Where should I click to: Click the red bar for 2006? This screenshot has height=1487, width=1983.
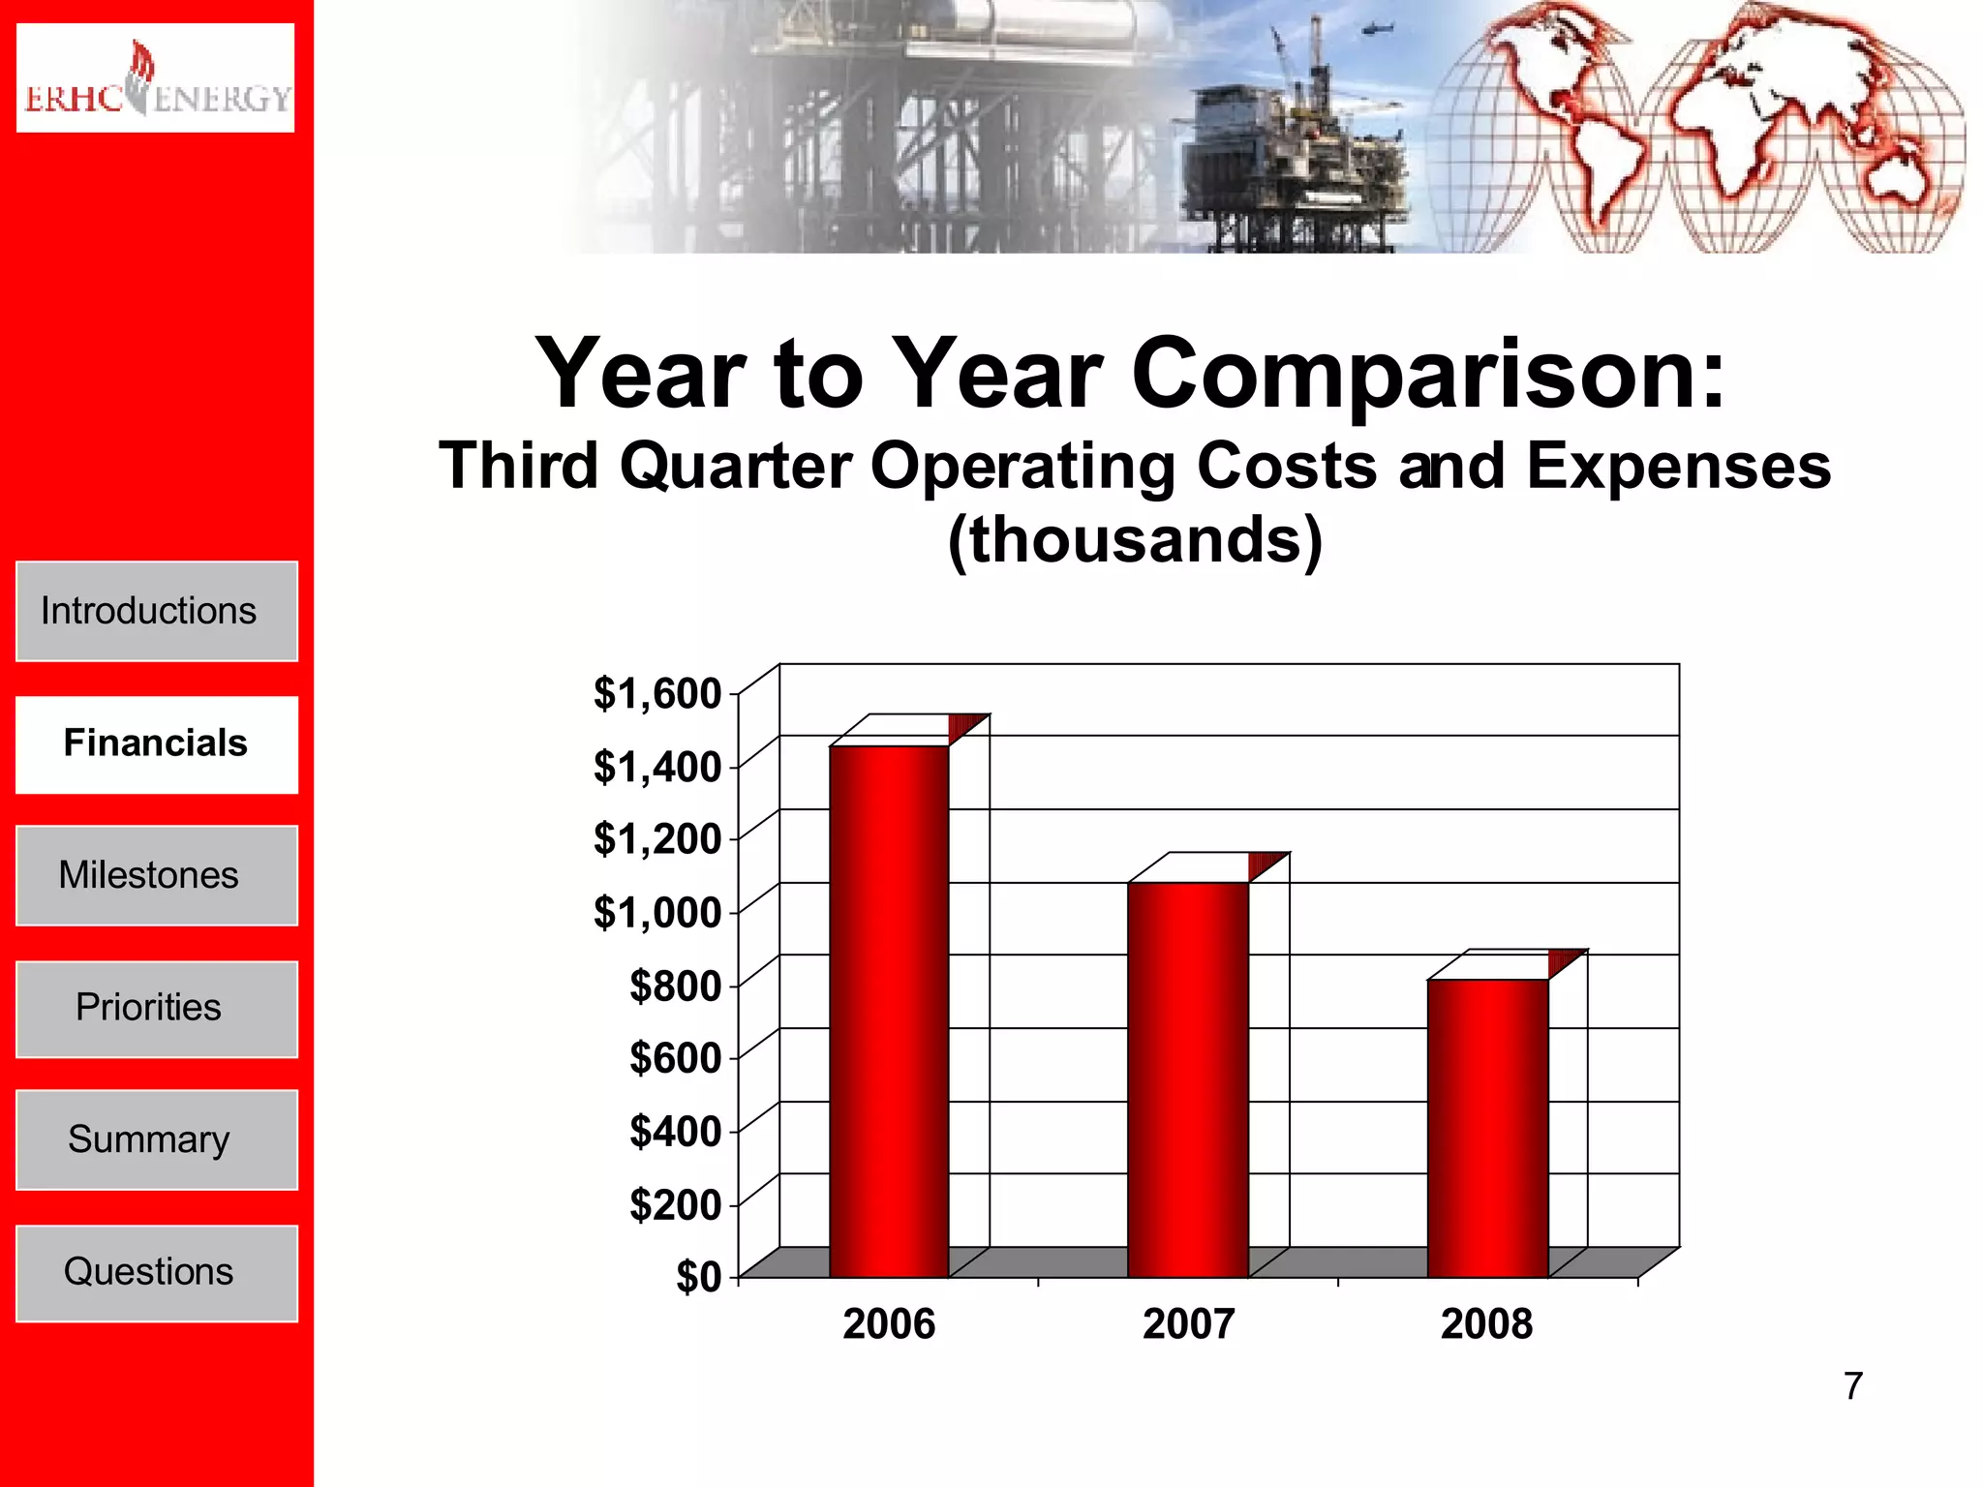point(889,1012)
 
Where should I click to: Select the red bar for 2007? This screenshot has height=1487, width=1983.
point(1188,1079)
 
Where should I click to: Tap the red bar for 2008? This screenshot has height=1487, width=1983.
point(1487,1128)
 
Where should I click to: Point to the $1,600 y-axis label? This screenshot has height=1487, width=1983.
point(657,694)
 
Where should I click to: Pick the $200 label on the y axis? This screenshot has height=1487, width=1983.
point(675,1205)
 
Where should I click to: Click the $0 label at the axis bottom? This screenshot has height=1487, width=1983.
point(698,1278)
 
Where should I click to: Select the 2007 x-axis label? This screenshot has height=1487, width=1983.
point(1188,1324)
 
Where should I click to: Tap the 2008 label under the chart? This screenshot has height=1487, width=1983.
point(1486,1324)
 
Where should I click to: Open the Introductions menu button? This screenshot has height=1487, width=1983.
point(157,612)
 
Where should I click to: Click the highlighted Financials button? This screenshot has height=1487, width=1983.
point(157,743)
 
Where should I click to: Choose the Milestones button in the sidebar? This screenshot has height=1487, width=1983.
point(157,875)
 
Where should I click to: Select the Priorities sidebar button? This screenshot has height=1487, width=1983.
point(157,1008)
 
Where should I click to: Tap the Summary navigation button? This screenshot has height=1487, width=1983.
point(157,1139)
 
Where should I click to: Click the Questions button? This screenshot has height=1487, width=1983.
point(157,1272)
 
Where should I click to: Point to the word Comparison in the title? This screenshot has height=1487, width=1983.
point(1427,375)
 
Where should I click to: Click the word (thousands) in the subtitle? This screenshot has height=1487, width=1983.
point(1134,540)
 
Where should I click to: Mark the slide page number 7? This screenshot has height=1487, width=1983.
point(1852,1385)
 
